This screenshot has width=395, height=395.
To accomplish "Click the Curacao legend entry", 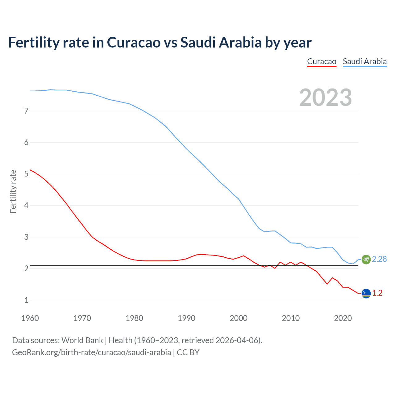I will click(322, 61).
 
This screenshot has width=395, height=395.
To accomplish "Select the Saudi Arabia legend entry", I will click(365, 61).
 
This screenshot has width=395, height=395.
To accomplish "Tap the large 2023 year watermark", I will click(325, 98).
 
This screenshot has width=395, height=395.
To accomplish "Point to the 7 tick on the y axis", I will click(26, 111).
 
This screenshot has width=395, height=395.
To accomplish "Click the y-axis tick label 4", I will click(26, 206).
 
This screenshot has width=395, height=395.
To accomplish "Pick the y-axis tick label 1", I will click(26, 300).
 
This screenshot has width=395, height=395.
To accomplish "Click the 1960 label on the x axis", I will click(30, 318).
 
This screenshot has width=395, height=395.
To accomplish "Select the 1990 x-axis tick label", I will click(186, 318).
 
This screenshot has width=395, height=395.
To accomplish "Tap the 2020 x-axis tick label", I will click(343, 318).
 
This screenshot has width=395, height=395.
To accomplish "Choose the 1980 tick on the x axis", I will click(134, 318).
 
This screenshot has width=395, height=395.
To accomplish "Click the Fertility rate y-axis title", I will click(13, 191).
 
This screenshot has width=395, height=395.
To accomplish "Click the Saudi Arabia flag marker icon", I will click(366, 260).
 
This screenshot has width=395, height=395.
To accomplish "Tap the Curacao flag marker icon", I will click(366, 293).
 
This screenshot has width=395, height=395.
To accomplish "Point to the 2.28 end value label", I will click(379, 259).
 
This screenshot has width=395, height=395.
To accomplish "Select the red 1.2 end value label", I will click(377, 293).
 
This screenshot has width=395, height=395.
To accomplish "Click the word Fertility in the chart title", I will click(33, 42).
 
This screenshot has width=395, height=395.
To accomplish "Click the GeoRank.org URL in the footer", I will click(91, 352).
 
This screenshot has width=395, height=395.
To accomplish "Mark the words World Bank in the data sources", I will click(82, 340).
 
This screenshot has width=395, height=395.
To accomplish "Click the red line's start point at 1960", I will click(30, 170).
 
